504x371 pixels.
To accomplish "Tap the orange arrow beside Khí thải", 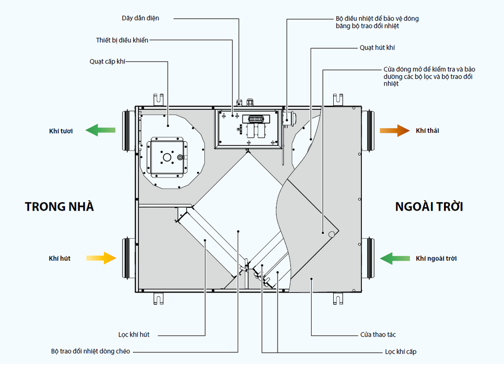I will (394, 130).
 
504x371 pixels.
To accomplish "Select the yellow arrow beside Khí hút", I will (101, 258).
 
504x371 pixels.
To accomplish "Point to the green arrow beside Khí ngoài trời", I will (395, 258).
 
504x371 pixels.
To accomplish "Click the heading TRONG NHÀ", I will (59, 207).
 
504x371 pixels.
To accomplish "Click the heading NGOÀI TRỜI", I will (429, 207).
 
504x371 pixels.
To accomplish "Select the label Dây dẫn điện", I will (141, 18).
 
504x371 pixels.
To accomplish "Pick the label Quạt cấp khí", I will (108, 62).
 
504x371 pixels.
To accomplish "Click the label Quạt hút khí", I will (378, 48).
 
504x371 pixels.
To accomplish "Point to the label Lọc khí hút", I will (134, 335).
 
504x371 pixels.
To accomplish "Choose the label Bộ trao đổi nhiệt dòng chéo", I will (91, 352).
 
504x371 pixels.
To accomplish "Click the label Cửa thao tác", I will (378, 335).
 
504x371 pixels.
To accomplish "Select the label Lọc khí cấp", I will (401, 352).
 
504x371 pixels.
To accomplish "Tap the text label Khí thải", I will (427, 130).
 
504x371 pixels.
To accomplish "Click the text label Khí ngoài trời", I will (436, 258).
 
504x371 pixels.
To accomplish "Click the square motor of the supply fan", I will (167, 157).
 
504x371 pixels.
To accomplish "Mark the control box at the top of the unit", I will (249, 128).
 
